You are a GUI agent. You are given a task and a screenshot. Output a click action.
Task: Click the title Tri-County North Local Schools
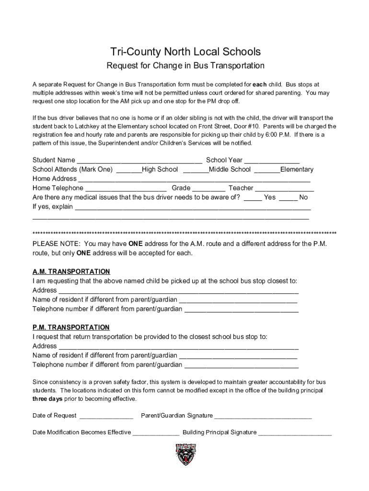(x=185, y=51)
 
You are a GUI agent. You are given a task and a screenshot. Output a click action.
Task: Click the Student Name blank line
(x=139, y=161)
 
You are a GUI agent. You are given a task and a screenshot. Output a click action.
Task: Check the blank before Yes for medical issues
(x=253, y=198)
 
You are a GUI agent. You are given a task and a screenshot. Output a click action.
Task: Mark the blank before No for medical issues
(x=288, y=198)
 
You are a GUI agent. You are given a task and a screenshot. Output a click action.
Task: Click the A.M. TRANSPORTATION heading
(x=71, y=271)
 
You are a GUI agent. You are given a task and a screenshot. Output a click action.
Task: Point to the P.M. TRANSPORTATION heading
(x=71, y=327)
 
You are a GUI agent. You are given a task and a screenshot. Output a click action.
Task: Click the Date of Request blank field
(x=106, y=416)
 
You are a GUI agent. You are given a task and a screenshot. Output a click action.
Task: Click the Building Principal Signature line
(x=295, y=433)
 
